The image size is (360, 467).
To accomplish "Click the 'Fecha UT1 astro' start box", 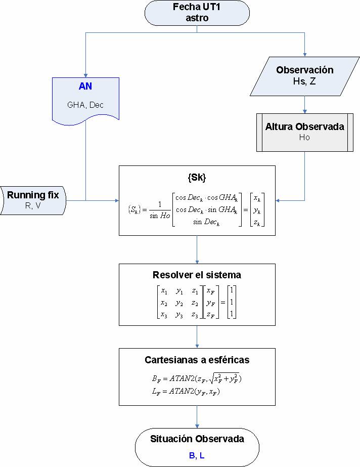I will pos(197,13).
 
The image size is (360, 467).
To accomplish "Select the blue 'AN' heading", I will pos(85,86).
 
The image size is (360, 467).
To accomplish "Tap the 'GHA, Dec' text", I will pos(85,105).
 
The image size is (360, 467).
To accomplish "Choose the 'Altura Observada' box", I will pos(304,132).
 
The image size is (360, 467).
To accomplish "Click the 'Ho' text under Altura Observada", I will pos(304,137).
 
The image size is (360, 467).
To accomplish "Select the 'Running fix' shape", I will pos(34,200).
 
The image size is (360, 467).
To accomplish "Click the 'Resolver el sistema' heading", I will pos(197,275).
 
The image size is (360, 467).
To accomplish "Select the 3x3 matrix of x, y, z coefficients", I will pos(179,303).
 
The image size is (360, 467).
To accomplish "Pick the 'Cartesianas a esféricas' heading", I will pos(197,360).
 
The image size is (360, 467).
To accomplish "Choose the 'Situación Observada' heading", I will pos(197,439).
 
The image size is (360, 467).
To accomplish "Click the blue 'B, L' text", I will pos(197,455).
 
